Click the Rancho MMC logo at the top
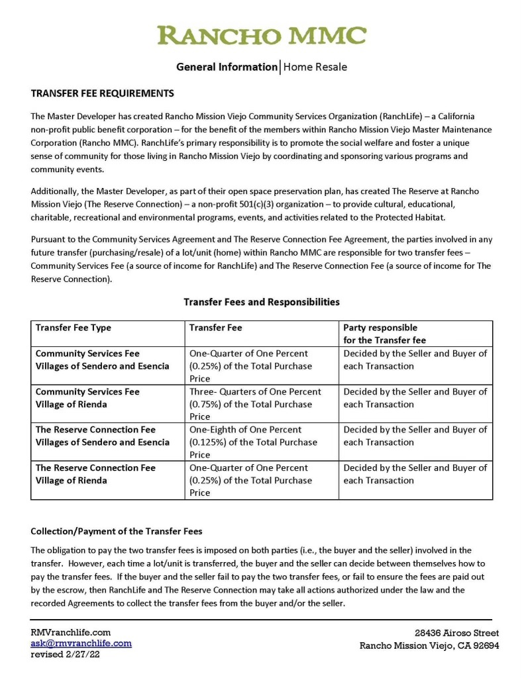point(262,35)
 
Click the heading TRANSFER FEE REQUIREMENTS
point(102,93)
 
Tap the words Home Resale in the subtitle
point(315,67)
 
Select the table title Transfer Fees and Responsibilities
point(262,302)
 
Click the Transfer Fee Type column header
point(74,328)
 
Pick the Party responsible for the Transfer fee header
point(380,334)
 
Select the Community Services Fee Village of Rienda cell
point(87,398)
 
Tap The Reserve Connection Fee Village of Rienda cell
point(95,474)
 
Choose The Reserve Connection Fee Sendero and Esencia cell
point(102,436)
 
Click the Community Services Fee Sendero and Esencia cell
point(102,360)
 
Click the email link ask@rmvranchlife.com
point(81,643)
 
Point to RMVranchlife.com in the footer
point(70,632)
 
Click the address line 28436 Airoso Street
point(456,633)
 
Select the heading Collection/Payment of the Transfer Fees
point(116,531)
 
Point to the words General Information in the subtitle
point(227,67)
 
